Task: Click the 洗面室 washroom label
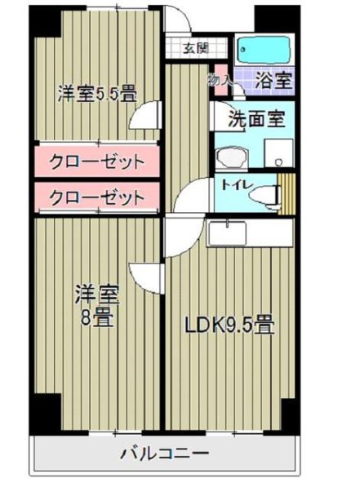[x=255, y=119]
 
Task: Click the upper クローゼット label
[x=96, y=161]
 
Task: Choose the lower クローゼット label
[x=96, y=197]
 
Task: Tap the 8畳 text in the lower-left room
[x=91, y=318]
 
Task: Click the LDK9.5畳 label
[x=227, y=326]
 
